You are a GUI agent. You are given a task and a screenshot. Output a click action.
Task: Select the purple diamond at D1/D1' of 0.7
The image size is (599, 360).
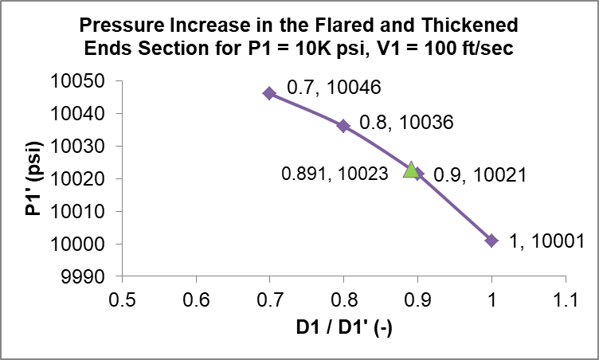tap(269, 93)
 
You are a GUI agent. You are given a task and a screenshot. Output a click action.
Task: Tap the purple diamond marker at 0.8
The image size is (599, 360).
tap(343, 126)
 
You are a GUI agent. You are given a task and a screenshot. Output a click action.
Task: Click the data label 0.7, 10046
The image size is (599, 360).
tap(323, 88)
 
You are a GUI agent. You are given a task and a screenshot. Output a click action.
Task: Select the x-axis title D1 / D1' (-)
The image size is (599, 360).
tap(344, 328)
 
